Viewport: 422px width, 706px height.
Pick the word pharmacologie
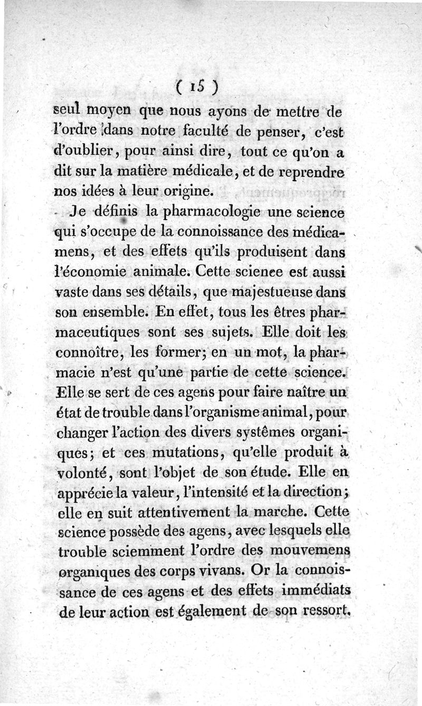tap(204, 213)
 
